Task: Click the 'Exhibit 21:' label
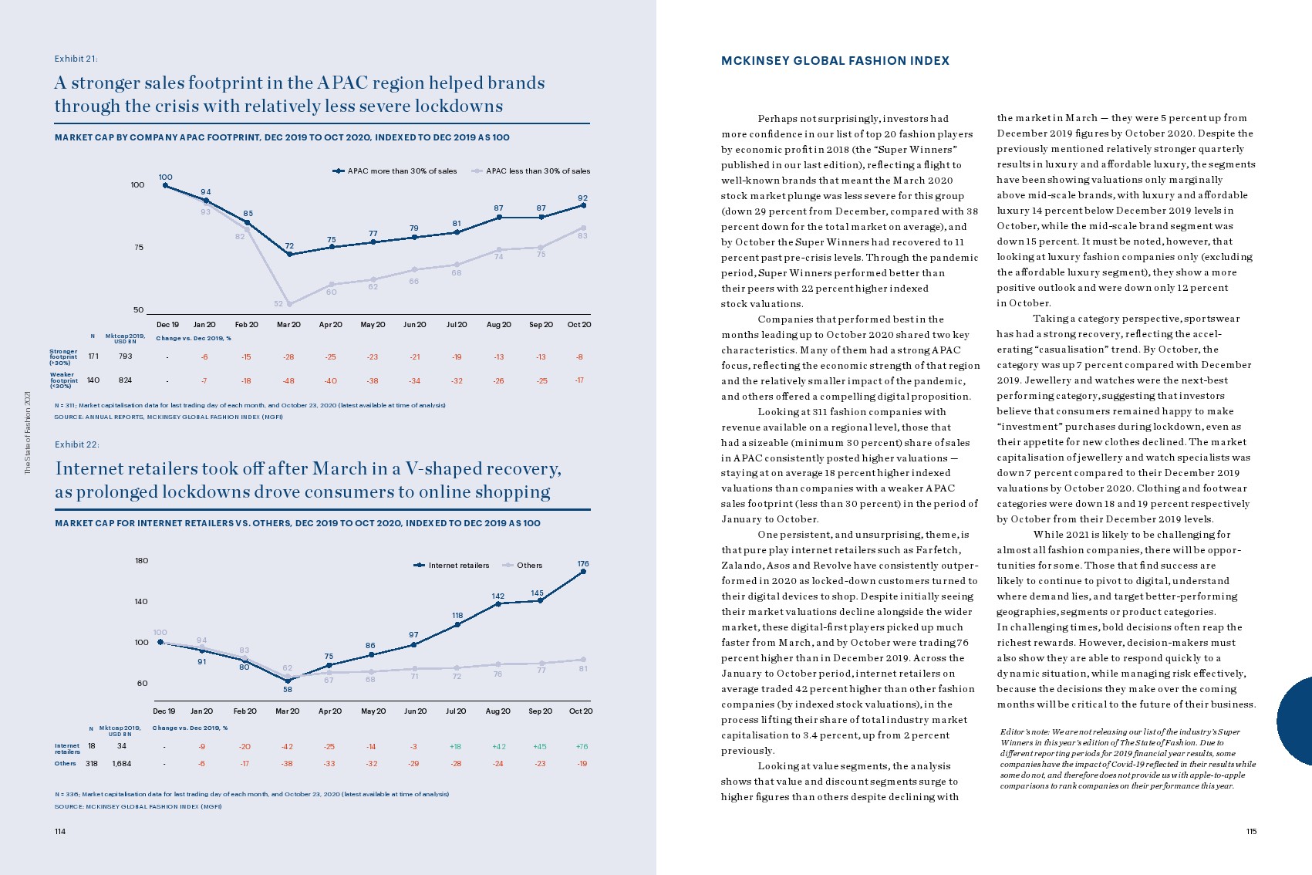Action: click(76, 59)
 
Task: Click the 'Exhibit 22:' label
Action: click(76, 444)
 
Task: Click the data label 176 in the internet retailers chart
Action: click(583, 564)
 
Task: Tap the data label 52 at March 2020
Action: click(278, 304)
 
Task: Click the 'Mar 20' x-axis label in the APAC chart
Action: click(288, 325)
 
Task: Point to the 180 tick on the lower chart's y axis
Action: click(142, 561)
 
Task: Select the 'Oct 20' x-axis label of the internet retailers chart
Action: click(581, 711)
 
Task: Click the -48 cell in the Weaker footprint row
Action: click(288, 381)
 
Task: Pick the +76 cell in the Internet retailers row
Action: click(582, 747)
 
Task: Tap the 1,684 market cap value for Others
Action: click(122, 764)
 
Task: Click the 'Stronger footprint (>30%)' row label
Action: click(64, 356)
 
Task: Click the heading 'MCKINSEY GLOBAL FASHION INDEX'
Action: click(835, 61)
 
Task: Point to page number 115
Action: click(1251, 832)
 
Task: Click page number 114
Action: click(60, 832)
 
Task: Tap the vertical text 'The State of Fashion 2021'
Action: click(28, 432)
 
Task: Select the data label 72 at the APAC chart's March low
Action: click(289, 246)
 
